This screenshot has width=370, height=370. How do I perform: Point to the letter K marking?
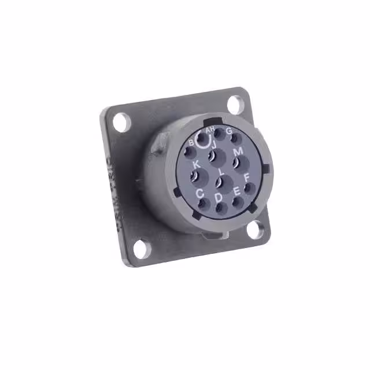(196, 164)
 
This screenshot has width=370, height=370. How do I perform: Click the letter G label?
(229, 131)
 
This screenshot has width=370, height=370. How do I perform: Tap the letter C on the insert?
(199, 194)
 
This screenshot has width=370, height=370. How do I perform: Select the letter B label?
(191, 142)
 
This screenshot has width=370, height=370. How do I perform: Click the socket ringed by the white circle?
(203, 140)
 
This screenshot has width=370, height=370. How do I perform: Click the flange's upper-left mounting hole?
(120, 123)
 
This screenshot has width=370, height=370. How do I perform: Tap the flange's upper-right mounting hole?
(234, 104)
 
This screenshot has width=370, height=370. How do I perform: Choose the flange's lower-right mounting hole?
(255, 230)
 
